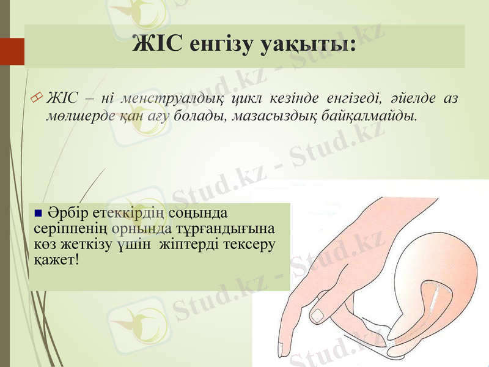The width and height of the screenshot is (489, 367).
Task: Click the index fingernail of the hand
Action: coord(318,315)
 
